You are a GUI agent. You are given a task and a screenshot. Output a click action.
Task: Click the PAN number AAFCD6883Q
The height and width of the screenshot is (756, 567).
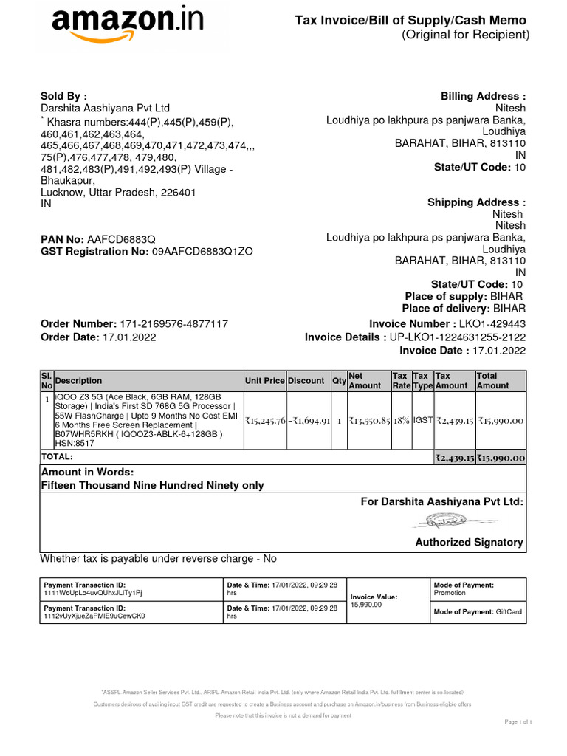tap(121, 239)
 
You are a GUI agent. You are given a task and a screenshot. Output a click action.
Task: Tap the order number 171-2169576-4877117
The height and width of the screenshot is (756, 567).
tap(173, 324)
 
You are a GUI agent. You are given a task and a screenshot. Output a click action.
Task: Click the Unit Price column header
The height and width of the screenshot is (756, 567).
tap(264, 381)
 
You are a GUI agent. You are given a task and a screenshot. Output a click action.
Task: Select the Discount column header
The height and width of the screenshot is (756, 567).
tap(306, 381)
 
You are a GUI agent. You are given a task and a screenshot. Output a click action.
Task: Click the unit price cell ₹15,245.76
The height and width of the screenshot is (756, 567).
tap(264, 421)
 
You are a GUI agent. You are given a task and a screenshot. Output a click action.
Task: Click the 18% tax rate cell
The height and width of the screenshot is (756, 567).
tap(401, 421)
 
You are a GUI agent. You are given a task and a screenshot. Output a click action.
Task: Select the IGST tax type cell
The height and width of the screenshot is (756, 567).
tap(422, 421)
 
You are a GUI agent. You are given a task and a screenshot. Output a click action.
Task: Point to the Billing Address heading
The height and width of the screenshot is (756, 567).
tap(483, 97)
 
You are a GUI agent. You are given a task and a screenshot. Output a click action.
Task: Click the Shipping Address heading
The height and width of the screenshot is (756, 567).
tap(476, 202)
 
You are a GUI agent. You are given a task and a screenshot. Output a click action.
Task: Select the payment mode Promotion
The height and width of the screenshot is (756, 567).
tap(450, 593)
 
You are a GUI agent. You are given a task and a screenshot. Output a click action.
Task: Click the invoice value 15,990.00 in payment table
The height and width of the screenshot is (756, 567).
tap(366, 605)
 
